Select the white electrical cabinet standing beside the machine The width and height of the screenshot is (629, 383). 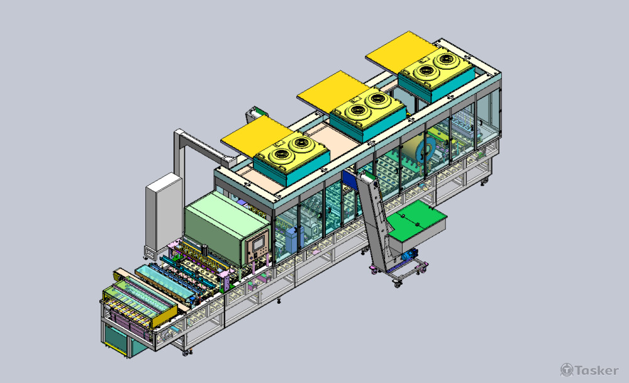(x=164, y=214)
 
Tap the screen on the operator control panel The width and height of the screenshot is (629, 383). (x=259, y=243)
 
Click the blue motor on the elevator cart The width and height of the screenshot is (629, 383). (x=409, y=255)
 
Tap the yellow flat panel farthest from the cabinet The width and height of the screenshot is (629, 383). (x=401, y=52)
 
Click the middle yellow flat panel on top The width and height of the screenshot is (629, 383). (x=333, y=91)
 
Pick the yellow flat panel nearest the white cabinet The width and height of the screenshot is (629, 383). (x=257, y=136)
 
